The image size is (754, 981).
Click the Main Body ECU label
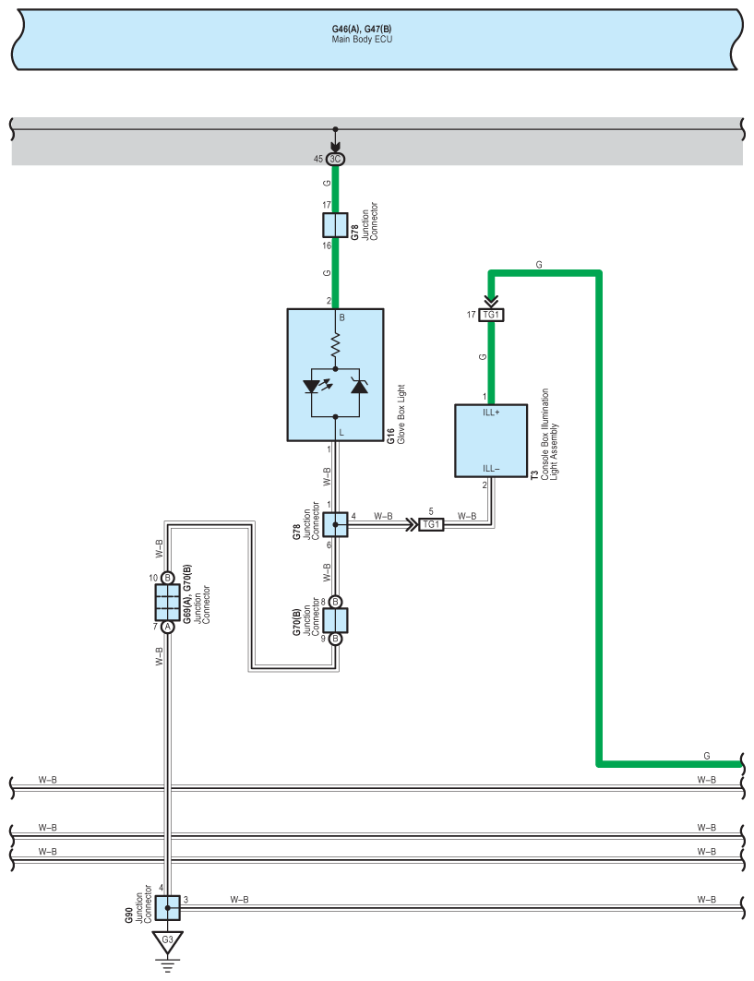(x=362, y=40)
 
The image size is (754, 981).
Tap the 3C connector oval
(x=335, y=159)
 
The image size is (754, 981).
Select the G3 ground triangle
(x=167, y=941)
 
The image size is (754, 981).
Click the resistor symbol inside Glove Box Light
(x=335, y=345)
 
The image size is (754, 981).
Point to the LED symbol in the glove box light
(x=317, y=386)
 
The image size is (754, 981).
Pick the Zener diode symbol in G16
(x=359, y=386)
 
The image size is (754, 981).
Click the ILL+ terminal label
(x=491, y=413)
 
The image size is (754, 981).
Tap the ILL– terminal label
(x=491, y=469)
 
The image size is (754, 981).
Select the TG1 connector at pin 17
(x=491, y=315)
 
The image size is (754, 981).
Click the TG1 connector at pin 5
(x=431, y=524)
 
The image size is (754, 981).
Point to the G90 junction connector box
(x=167, y=908)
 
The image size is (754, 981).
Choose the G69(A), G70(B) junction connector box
(x=167, y=603)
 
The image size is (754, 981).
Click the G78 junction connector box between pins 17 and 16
(x=335, y=225)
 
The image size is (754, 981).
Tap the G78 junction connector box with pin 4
(x=335, y=524)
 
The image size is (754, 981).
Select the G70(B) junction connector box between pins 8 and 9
(x=335, y=621)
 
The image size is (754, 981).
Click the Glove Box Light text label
(x=401, y=414)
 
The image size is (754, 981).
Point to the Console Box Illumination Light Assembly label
(x=549, y=434)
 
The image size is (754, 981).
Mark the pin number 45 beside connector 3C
(x=317, y=159)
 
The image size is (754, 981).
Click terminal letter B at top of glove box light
(x=341, y=317)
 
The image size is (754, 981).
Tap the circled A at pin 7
(x=167, y=627)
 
